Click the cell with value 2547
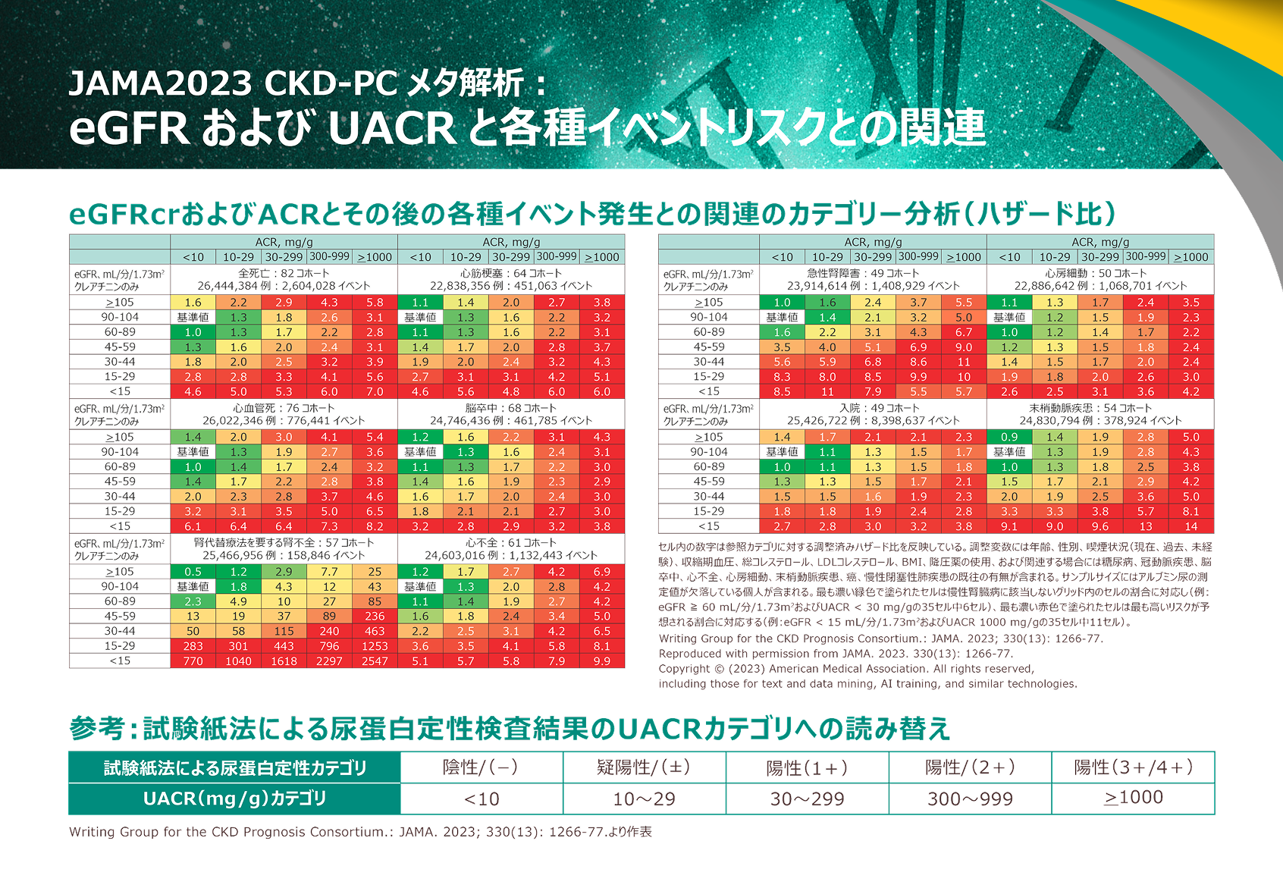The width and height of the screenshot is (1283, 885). (375, 661)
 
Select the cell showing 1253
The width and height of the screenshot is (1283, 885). (375, 646)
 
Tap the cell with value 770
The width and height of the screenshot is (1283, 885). (193, 661)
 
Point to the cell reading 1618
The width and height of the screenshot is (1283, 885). (284, 661)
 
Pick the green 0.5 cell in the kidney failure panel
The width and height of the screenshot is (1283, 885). (193, 572)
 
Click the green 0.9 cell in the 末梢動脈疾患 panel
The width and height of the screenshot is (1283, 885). (1009, 437)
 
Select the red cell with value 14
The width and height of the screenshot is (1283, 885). (1191, 526)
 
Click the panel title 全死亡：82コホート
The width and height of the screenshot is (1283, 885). (284, 273)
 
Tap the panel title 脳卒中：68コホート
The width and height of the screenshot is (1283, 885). (511, 408)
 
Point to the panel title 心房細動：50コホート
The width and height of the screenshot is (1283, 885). (1100, 273)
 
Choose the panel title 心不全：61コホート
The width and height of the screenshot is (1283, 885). (511, 543)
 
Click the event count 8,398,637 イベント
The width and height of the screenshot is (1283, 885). (918, 421)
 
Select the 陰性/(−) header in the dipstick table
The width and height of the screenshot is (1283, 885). (481, 767)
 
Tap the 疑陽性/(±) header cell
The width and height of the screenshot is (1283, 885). (644, 767)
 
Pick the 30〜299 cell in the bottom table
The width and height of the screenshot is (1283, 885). (807, 799)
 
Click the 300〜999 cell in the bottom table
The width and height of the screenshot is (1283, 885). (970, 799)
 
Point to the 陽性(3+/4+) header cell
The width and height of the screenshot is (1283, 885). (1133, 767)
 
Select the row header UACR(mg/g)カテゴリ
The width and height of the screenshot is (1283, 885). (234, 799)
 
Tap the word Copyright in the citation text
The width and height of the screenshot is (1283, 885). (684, 669)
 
